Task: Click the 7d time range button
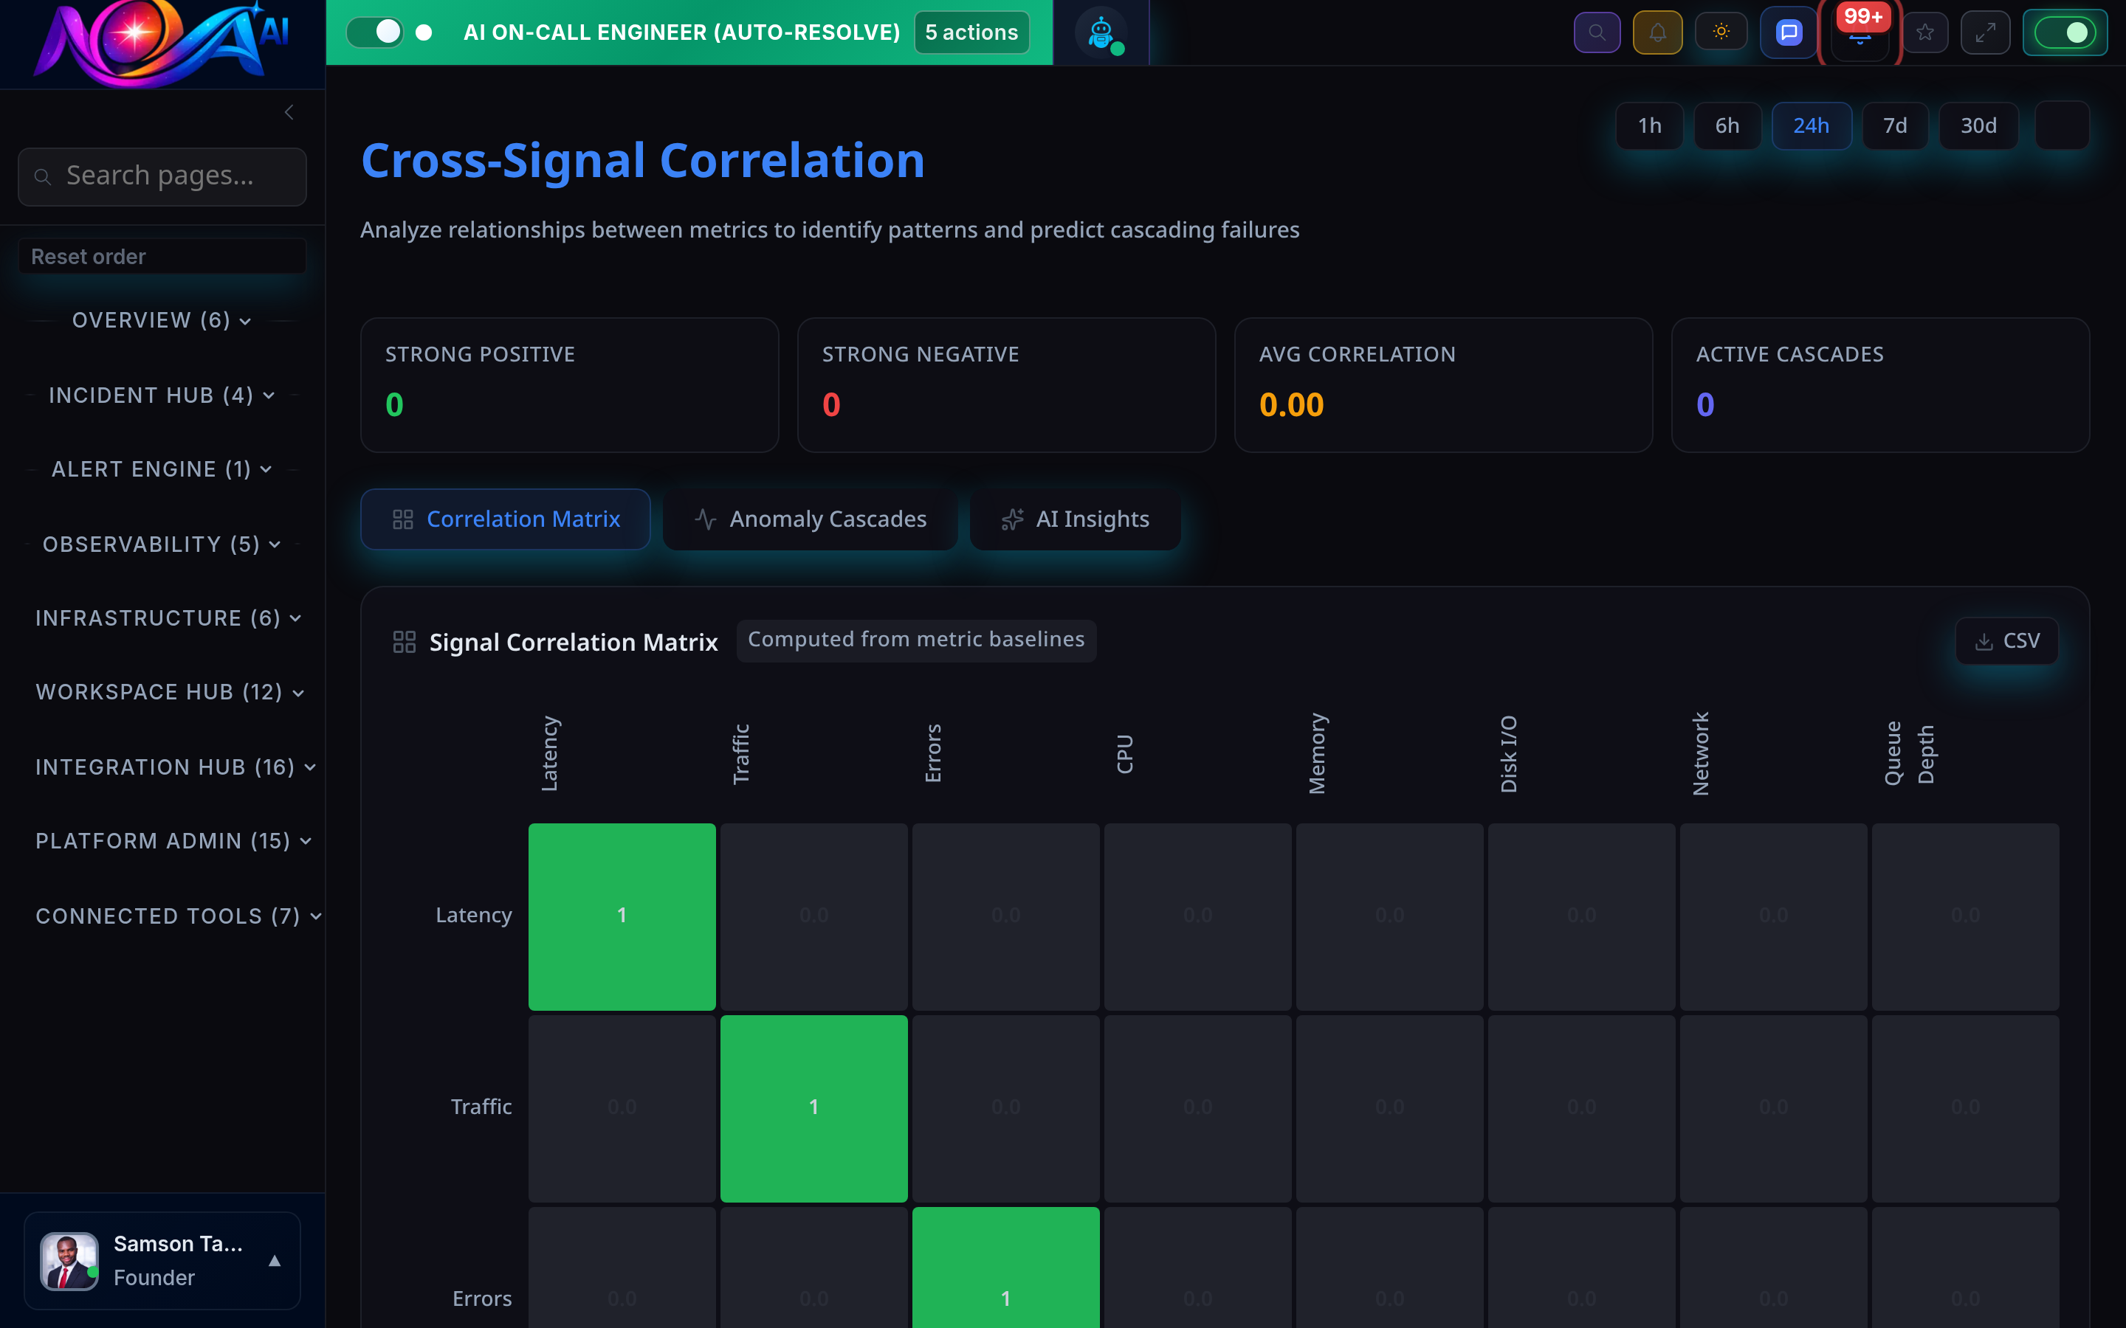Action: (x=1894, y=125)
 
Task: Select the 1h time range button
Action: (x=1649, y=125)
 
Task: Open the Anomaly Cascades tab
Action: (x=810, y=519)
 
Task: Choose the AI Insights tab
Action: (x=1076, y=519)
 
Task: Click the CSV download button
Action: (x=2006, y=641)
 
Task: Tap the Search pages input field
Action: (x=162, y=176)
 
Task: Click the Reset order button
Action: (x=162, y=257)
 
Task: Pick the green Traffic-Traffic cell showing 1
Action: (x=813, y=1107)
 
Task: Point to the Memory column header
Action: (x=1317, y=753)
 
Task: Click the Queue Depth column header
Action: (x=1909, y=753)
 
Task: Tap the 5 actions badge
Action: (x=971, y=32)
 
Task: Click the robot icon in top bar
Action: (x=1101, y=33)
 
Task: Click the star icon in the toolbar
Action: (x=1924, y=32)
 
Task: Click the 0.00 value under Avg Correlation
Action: (x=1290, y=405)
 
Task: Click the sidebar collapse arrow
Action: (x=289, y=112)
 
